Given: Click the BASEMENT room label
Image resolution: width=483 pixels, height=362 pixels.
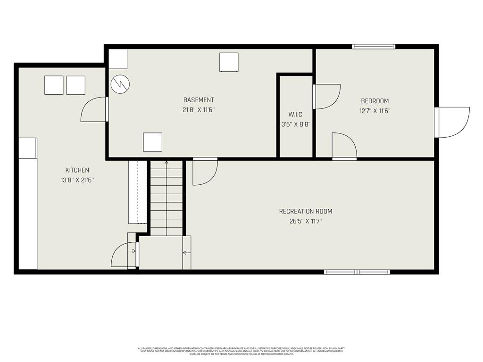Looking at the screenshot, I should point(199,100).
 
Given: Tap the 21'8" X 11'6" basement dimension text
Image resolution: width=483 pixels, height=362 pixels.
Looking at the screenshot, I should point(199,110).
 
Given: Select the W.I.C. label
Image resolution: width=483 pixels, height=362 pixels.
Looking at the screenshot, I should point(296,115).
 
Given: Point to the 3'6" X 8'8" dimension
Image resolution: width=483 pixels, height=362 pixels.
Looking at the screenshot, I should point(296,124).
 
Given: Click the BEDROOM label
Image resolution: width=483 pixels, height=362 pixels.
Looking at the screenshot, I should point(375,101).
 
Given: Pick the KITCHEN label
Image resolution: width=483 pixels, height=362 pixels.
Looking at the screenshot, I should point(77,170).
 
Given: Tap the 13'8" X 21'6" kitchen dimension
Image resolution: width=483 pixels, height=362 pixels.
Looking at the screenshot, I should point(77,180).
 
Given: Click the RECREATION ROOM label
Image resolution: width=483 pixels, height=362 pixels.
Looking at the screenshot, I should point(309,211).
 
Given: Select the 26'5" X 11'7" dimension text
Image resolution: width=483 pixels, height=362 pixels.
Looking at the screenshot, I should point(309,221).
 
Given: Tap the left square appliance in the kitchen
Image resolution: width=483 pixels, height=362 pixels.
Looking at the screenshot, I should point(54,85).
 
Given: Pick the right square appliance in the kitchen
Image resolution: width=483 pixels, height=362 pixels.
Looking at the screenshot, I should point(75,85).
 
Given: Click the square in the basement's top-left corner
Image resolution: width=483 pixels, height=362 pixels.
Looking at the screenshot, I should point(118,59).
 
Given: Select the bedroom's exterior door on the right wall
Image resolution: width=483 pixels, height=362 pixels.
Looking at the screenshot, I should point(453,122).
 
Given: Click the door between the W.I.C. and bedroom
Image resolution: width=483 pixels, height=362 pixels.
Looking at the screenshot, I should point(327,97).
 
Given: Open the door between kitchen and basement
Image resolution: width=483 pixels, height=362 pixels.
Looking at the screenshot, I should point(95,109).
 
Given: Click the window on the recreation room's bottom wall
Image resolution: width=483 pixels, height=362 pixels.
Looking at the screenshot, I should point(357,272).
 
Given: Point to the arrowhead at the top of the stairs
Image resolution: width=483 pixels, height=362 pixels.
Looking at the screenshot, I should point(166,162).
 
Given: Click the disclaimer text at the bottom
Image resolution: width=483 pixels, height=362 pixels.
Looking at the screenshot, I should point(241,351).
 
